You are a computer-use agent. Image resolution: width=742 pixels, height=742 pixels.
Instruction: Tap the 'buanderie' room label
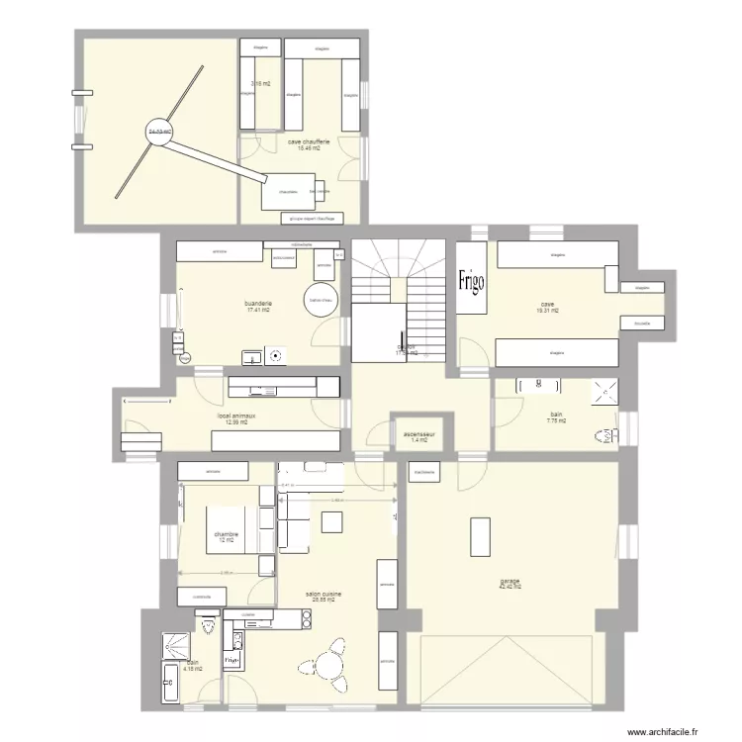(x=258, y=304)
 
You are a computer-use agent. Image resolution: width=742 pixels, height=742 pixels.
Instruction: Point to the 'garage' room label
(x=510, y=582)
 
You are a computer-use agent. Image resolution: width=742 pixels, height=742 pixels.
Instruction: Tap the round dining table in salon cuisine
(x=325, y=676)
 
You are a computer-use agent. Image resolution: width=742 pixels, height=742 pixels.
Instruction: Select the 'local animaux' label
(x=236, y=417)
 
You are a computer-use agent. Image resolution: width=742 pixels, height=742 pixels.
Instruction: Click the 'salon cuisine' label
(x=324, y=594)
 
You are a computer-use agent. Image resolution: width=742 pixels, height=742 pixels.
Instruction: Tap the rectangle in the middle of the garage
(x=481, y=538)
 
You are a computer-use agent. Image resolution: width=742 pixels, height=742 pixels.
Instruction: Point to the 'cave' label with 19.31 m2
(x=546, y=305)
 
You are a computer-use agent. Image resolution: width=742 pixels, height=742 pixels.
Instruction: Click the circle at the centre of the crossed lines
(x=158, y=134)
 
